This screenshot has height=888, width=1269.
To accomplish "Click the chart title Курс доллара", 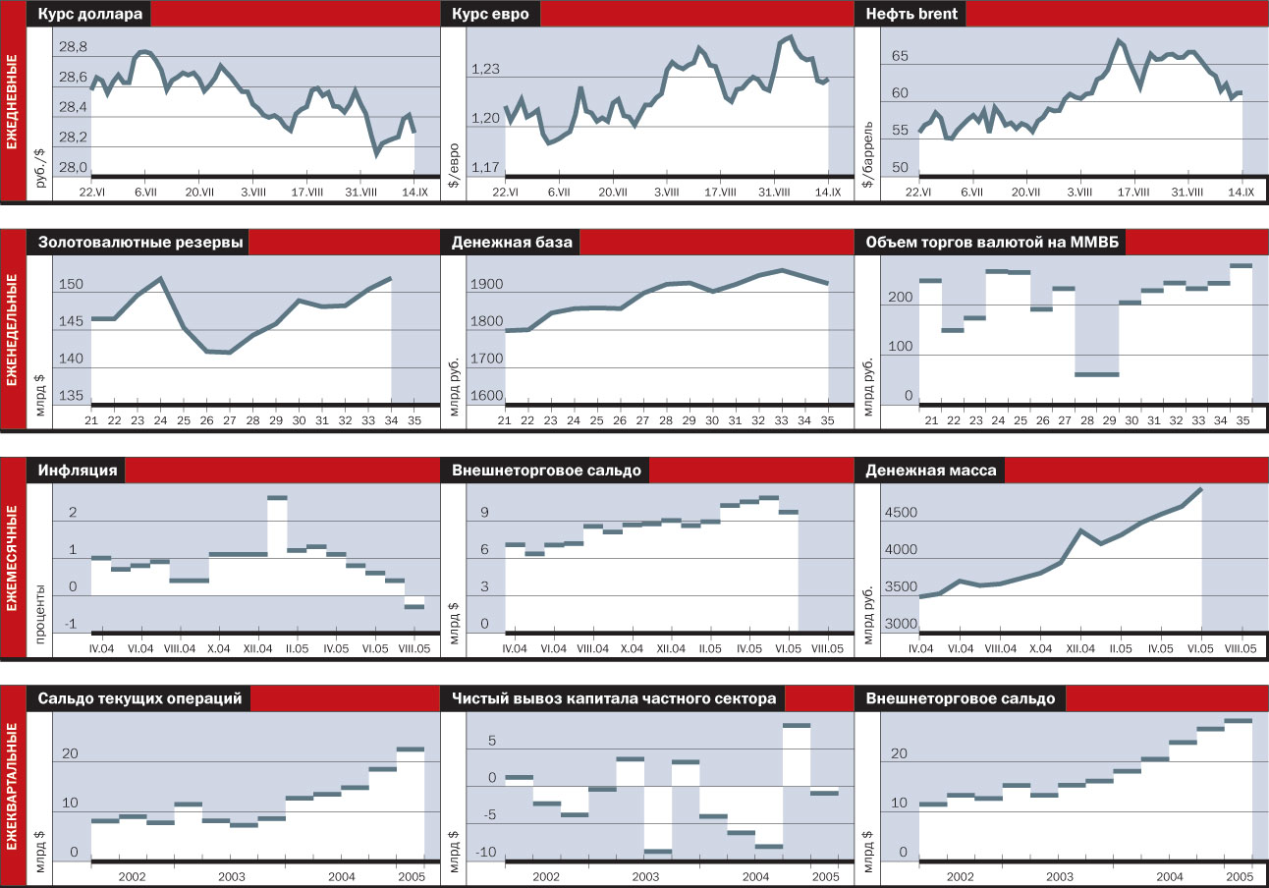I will tap(89, 15).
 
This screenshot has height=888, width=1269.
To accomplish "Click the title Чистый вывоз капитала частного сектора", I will tap(615, 698).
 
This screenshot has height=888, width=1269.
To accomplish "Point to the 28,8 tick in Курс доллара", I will tap(73, 47).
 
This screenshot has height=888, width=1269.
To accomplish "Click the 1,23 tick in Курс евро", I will tap(486, 70).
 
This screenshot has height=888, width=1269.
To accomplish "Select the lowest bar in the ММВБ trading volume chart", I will tap(1096, 374).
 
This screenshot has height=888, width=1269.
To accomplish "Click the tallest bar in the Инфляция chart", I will tap(277, 498).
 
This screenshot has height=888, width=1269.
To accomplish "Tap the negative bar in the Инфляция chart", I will tap(414, 606).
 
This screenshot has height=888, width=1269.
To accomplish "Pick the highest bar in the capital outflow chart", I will tap(796, 726).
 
